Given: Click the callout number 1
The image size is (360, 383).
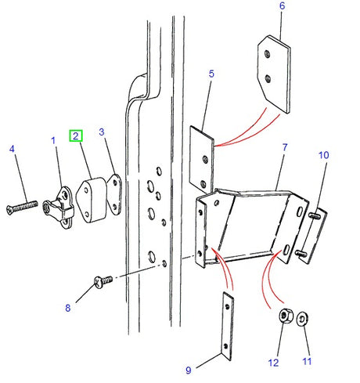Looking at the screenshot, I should coord(54,141).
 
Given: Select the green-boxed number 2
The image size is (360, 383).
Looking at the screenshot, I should coord(76,135).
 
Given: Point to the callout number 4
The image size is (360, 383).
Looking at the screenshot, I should coord(12,148).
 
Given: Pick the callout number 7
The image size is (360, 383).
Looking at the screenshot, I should coord(285,147).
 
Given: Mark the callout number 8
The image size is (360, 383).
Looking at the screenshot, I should coord(68,308).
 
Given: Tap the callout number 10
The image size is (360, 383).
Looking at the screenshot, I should coord(323,155).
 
